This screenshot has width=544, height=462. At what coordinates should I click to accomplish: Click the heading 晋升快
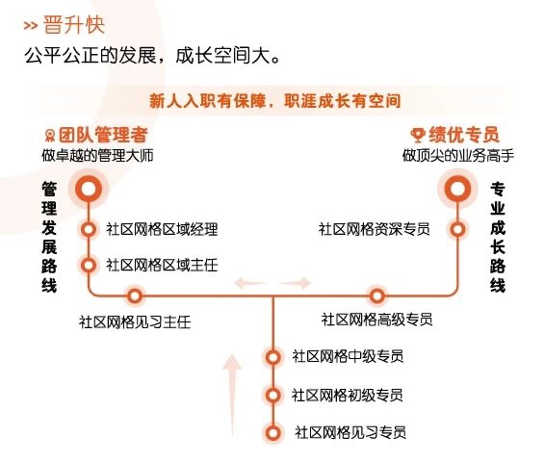[x=74, y=25]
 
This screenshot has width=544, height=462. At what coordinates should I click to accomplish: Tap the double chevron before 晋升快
[x=31, y=26]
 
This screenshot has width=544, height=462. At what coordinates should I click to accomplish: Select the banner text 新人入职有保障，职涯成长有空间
[x=275, y=101]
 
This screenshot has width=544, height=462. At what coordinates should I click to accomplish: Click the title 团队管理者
[x=103, y=135]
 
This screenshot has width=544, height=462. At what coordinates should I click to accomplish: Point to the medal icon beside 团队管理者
[x=50, y=136]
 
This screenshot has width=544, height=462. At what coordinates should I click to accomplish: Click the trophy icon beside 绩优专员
[x=418, y=135]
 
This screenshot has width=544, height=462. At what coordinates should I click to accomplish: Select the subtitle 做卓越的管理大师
[x=97, y=155]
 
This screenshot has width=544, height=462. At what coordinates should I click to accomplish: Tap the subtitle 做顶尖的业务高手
[x=458, y=155]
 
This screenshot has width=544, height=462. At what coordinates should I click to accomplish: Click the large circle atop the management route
[x=89, y=189]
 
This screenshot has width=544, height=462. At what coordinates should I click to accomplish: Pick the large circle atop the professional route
[x=457, y=189]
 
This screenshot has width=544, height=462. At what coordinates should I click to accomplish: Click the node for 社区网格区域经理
[x=89, y=229]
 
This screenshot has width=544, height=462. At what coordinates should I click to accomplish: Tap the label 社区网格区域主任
[x=162, y=266]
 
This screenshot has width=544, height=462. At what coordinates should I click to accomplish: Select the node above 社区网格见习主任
[x=135, y=296]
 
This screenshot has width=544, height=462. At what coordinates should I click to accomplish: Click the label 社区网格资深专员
[x=375, y=229]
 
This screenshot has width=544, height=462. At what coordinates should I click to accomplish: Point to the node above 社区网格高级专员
[x=377, y=296]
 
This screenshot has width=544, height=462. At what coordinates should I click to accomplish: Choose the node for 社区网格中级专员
[x=273, y=357]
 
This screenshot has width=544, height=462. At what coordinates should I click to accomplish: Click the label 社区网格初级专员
[x=348, y=395]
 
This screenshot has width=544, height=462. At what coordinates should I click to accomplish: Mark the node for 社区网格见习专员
[x=273, y=433]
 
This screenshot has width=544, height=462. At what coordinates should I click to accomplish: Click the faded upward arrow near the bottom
[x=232, y=397]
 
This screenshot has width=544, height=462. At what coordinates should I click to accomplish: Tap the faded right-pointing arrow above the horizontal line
[x=295, y=283]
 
